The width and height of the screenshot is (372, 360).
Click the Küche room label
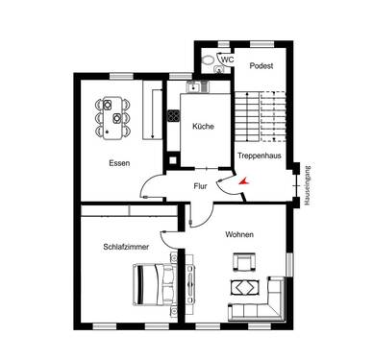pyautogui.click(x=202, y=127)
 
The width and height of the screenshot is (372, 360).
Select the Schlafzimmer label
pyautogui.click(x=124, y=247)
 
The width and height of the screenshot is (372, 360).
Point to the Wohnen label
pyautogui.click(x=239, y=234)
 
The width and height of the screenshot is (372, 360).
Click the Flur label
pyautogui.click(x=200, y=185)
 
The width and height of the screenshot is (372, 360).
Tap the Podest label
pyautogui.click(x=260, y=65)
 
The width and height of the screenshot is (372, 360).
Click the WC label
pyautogui.click(x=228, y=60)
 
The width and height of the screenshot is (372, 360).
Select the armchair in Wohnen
pyautogui.click(x=243, y=261)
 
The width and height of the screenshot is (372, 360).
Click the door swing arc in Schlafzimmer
pyautogui.click(x=167, y=223)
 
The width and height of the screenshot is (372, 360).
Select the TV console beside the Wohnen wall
pyautogui.click(x=191, y=288)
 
